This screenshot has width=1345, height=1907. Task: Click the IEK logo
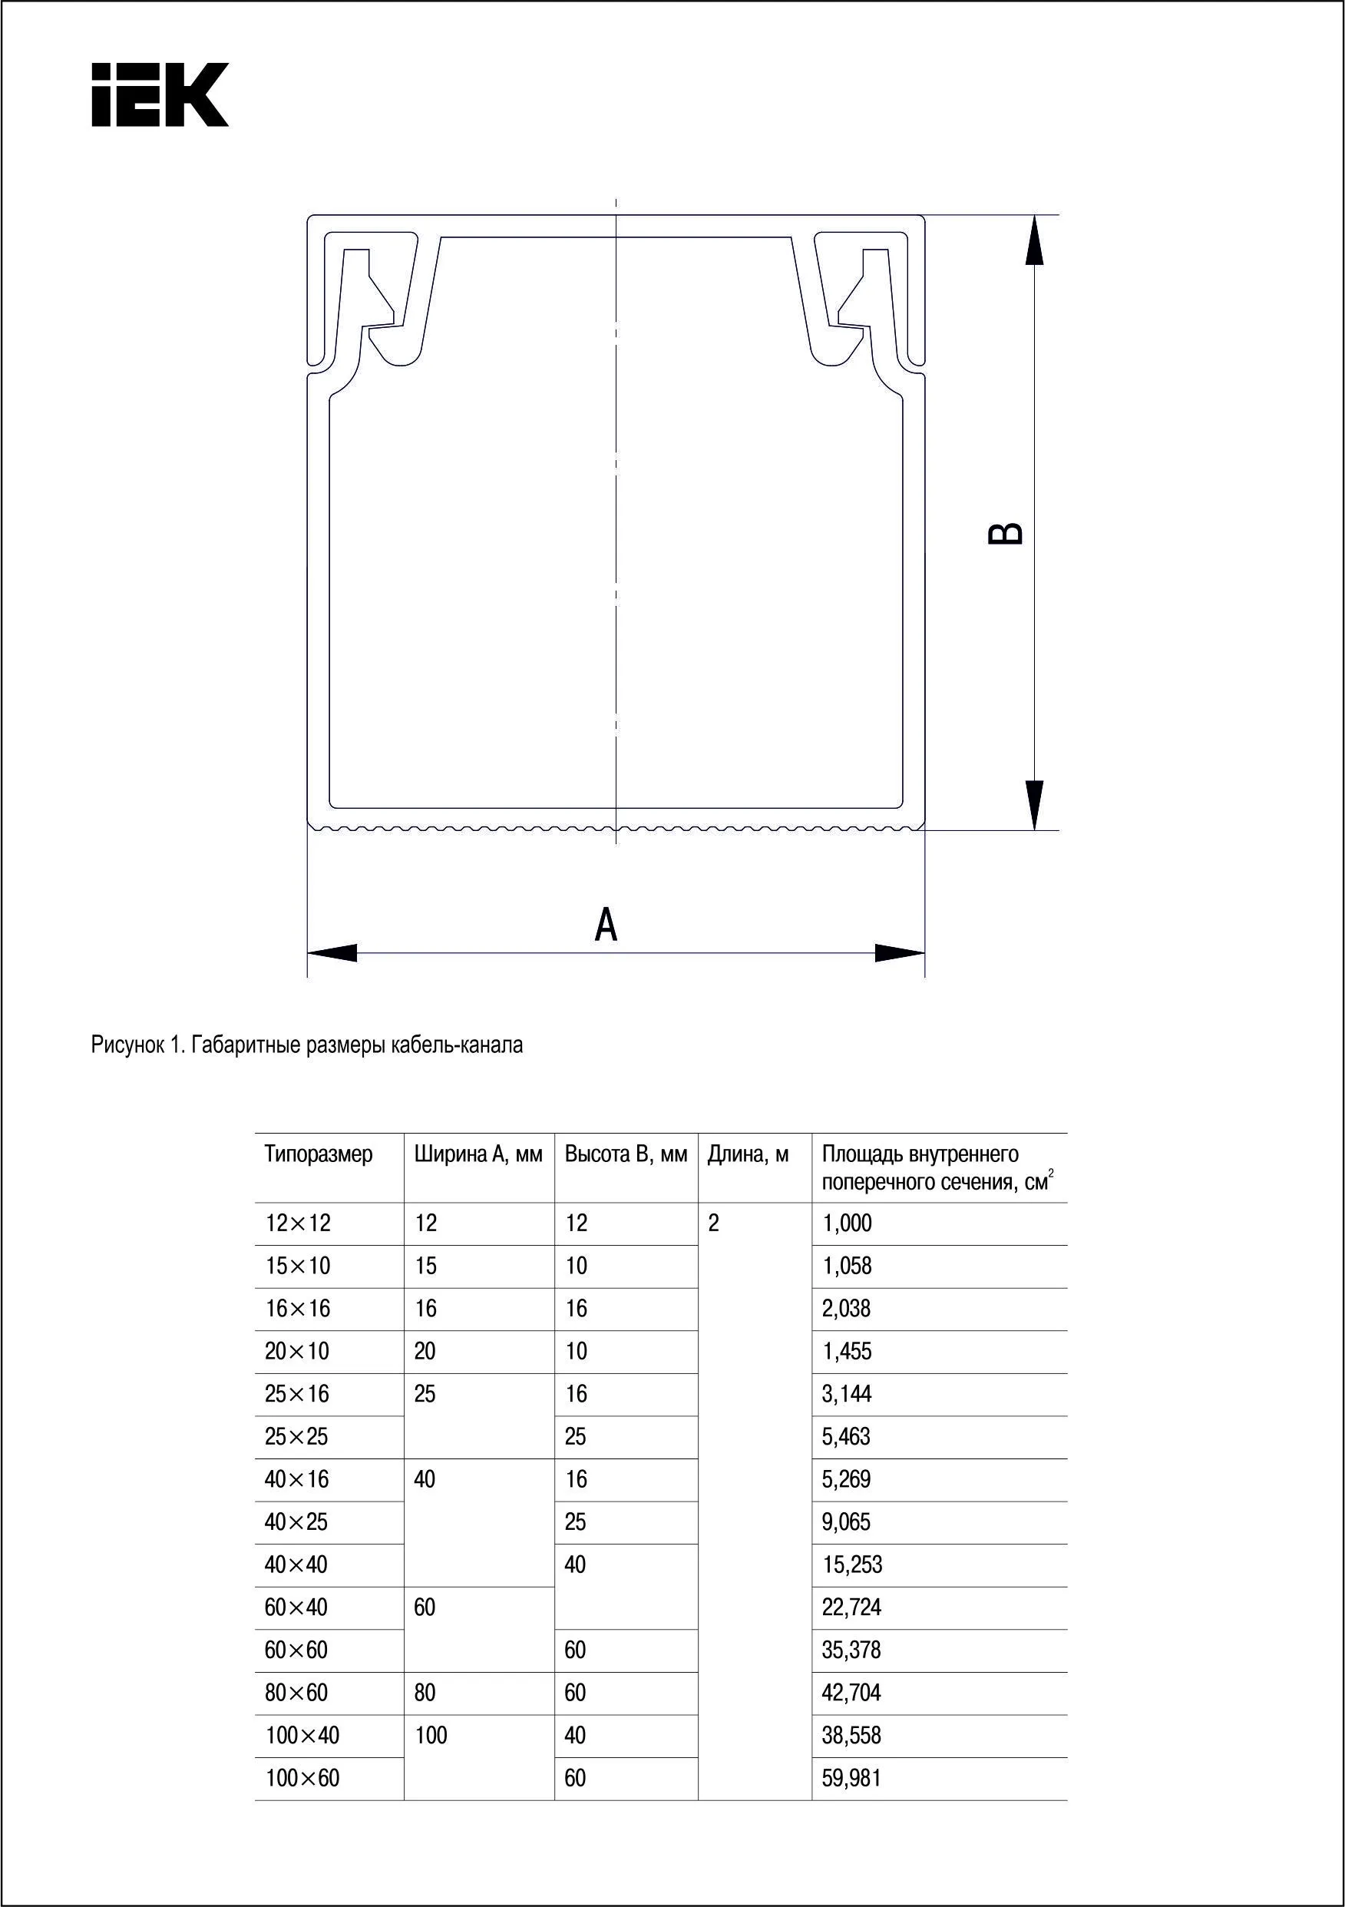pos(160,94)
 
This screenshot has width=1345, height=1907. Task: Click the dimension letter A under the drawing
pos(606,925)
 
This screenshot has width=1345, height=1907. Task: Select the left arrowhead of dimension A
pos(333,952)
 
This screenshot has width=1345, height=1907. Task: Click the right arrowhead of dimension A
pos(900,952)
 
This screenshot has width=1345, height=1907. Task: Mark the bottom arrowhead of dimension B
pos(1033,804)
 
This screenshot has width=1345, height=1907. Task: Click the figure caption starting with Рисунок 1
pos(307,1045)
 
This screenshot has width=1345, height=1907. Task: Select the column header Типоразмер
pos(319,1154)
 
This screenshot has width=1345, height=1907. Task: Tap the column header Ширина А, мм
pos(478,1154)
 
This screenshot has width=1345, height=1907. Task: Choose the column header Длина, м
pos(748,1154)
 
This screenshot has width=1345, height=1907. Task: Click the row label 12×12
pos(298,1223)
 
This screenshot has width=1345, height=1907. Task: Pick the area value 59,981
pos(851,1777)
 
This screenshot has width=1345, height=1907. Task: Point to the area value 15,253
pos(852,1564)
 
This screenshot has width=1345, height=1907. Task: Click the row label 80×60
pos(296,1692)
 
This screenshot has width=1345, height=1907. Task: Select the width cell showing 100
pos(431,1735)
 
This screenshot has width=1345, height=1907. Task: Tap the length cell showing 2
pos(713,1223)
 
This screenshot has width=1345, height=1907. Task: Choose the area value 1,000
pos(847,1223)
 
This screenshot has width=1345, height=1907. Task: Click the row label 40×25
pos(296,1521)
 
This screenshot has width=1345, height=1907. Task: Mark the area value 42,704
pos(851,1692)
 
